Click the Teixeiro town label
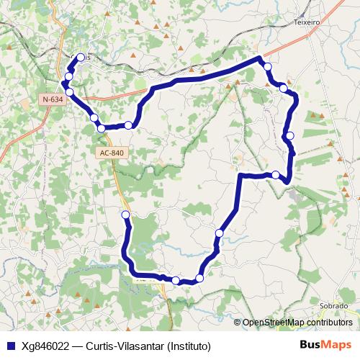pyautogui.click(x=307, y=22)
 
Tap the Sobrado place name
pyautogui.click(x=333, y=305)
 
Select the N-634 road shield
pyautogui.click(x=53, y=99)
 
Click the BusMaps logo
pyautogui.click(x=325, y=344)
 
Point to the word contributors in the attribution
pyautogui.click(x=328, y=323)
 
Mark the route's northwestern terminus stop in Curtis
pyautogui.click(x=81, y=58)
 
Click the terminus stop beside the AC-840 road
pyautogui.click(x=126, y=215)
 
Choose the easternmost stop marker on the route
pyautogui.click(x=290, y=135)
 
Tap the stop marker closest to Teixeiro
pyautogui.click(x=268, y=67)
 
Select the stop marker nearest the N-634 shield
pyautogui.click(x=70, y=91)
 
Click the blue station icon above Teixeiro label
pyautogui.click(x=305, y=13)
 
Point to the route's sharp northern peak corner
pyautogui.click(x=258, y=58)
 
